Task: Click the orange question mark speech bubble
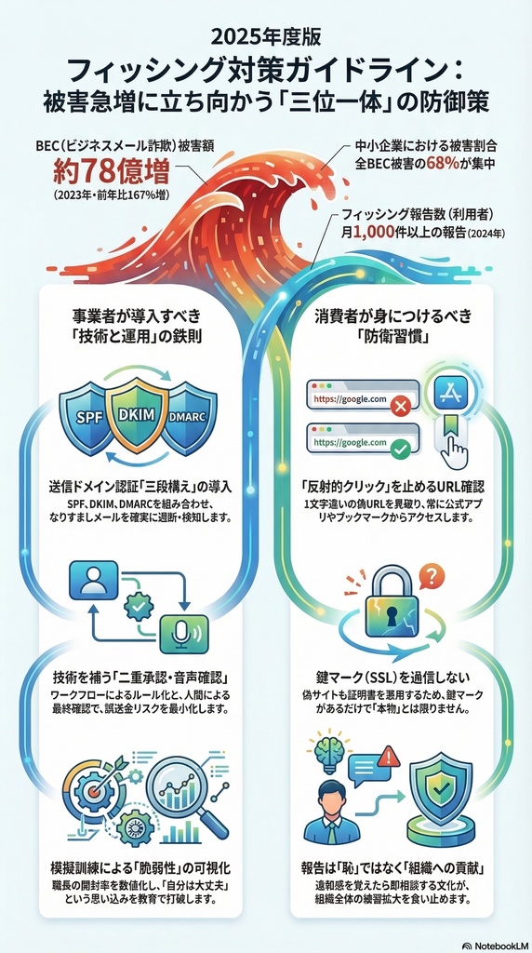[x=430, y=578]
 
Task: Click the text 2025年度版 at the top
[x=265, y=37]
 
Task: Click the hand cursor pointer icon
[x=454, y=450]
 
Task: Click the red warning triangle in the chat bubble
[x=389, y=759]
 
